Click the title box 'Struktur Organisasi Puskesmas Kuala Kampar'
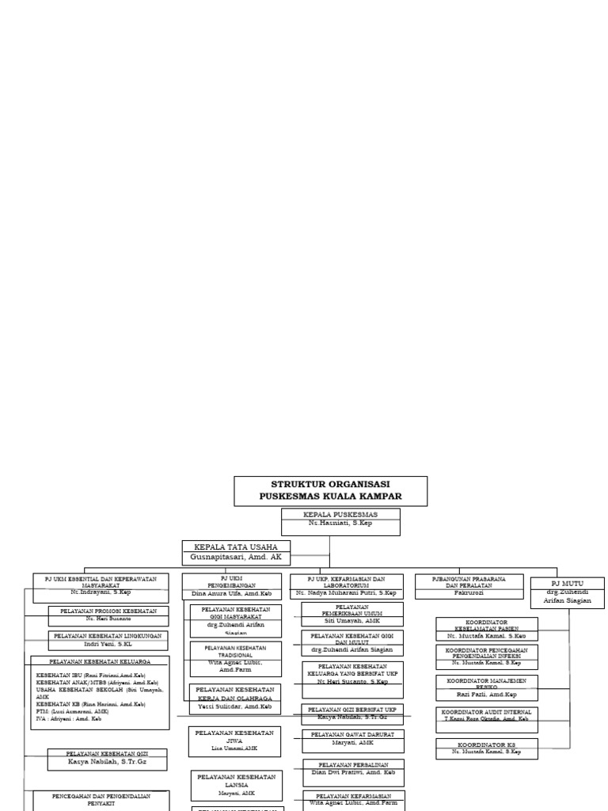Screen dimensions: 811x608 [x=330, y=490]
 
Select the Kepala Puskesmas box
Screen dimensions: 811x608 [x=340, y=521]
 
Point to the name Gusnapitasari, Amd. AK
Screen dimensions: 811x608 [x=236, y=558]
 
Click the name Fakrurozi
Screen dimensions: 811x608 [x=469, y=592]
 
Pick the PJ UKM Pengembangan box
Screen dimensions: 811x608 [x=231, y=585]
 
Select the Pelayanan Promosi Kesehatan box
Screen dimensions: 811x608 [x=108, y=615]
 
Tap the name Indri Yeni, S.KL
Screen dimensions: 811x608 [x=108, y=644]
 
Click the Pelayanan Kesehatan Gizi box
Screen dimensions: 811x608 [x=107, y=759]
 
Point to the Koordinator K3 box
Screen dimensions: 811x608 [x=486, y=748]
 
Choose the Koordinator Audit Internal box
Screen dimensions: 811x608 [x=486, y=715]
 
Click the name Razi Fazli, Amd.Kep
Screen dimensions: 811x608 [x=486, y=694]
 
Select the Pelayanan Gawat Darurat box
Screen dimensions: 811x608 [x=352, y=739]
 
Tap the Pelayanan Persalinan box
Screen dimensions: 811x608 [x=352, y=768]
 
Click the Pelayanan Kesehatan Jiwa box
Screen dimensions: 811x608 [x=234, y=741]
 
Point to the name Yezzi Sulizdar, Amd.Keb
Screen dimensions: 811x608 [x=234, y=706]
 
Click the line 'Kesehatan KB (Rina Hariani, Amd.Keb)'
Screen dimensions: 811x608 [x=91, y=703]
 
